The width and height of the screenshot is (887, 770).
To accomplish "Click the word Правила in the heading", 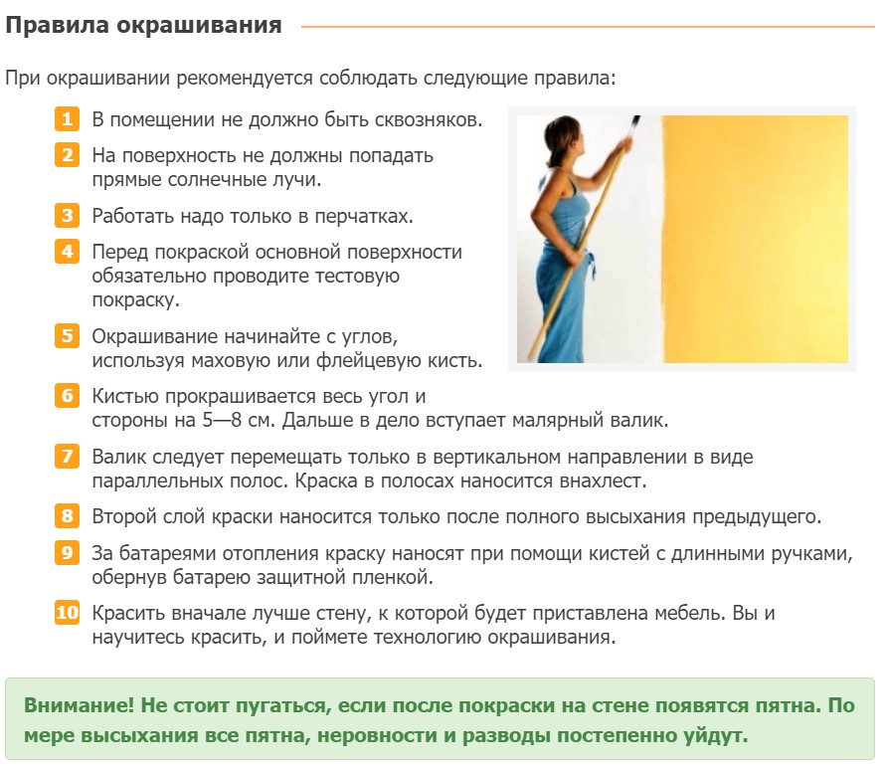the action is [x=57, y=26].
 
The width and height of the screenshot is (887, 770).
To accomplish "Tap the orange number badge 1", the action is [x=67, y=119].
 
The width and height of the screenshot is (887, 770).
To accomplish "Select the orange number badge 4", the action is [x=67, y=252].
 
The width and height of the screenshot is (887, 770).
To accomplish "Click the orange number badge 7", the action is [x=67, y=456].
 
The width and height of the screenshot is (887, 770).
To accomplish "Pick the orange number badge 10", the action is [x=67, y=612].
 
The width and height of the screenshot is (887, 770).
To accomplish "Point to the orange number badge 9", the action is [x=67, y=552].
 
